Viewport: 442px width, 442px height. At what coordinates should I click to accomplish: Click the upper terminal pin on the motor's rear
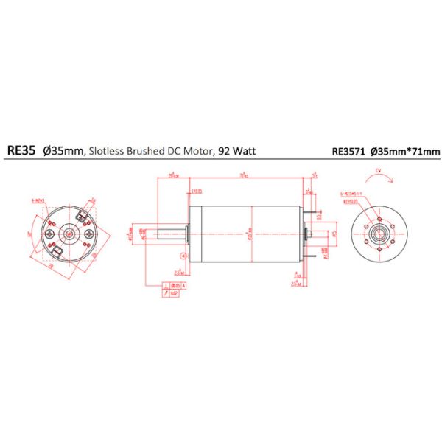320,214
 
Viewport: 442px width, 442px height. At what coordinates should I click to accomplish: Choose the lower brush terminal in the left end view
60,253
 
